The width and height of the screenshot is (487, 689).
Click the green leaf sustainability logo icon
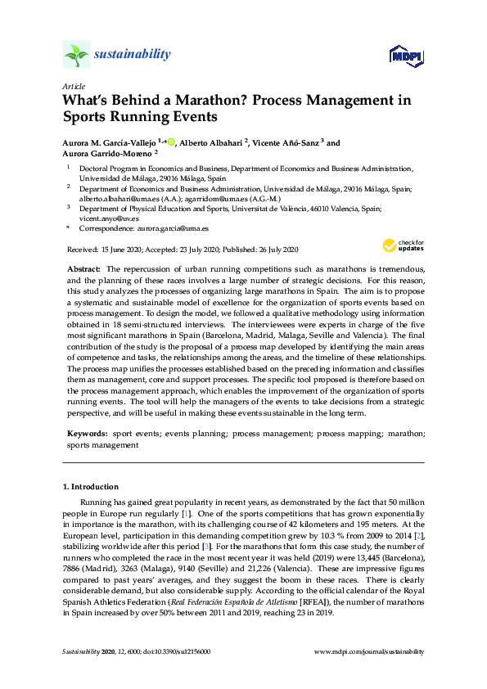coord(77,55)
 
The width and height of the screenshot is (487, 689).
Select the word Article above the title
coord(74,85)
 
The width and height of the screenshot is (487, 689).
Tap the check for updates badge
coord(403,245)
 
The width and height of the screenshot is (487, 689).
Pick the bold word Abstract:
coord(83,269)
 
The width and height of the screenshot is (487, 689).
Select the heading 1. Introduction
coord(90,486)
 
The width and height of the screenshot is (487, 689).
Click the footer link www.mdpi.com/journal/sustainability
coord(369,651)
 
